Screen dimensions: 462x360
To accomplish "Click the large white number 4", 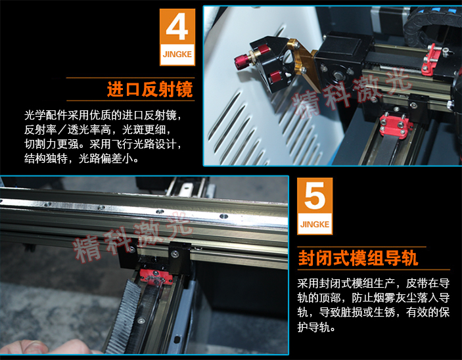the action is (177, 26).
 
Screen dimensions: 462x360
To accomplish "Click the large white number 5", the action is (315, 196).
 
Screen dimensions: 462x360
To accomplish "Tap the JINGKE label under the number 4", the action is (177, 55).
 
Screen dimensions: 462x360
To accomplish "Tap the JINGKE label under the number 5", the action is (315, 224).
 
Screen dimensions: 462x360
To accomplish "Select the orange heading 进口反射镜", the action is (150, 89).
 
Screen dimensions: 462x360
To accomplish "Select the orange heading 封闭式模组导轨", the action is (358, 258).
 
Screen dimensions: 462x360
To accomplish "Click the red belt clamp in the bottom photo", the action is (155, 277).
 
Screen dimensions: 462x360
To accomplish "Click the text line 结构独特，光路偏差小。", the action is (81, 158).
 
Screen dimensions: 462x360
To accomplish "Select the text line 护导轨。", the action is (316, 326).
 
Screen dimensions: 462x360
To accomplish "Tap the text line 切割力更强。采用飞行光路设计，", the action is (103, 144).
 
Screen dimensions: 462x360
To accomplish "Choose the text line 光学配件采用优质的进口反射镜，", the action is (103, 115).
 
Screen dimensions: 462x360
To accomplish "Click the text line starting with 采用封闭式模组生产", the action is (373, 283).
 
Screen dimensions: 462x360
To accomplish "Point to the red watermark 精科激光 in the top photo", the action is (352, 91).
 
